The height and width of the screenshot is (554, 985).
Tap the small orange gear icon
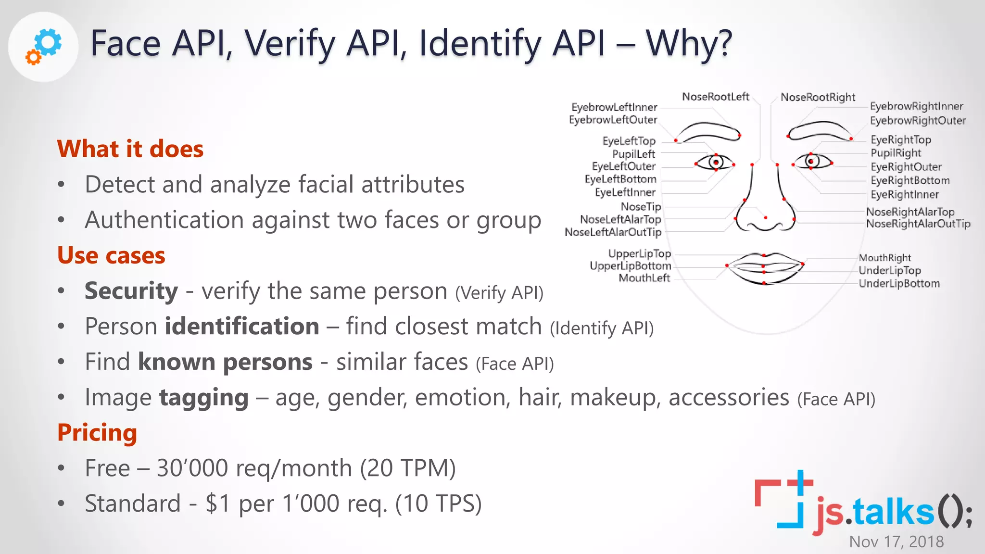(33, 58)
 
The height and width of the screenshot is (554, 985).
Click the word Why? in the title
(689, 43)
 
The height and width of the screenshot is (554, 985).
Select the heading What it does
(130, 149)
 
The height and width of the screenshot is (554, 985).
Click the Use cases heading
(111, 255)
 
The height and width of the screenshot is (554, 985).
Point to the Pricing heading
(97, 432)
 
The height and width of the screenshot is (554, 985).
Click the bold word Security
(131, 291)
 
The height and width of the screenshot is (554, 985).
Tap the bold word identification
(242, 327)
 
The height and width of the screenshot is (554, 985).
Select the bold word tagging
(204, 398)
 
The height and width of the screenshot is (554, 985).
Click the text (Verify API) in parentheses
(499, 292)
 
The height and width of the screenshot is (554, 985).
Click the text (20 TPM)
(408, 468)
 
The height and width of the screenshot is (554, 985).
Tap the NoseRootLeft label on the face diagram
(715, 97)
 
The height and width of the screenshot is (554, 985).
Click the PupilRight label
(896, 153)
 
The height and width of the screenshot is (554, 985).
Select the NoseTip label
(641, 206)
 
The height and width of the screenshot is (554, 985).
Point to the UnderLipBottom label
(899, 283)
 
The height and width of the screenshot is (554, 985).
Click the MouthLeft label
(644, 278)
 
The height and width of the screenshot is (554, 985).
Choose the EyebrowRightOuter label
(918, 120)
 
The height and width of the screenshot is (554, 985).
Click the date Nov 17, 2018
(896, 541)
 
